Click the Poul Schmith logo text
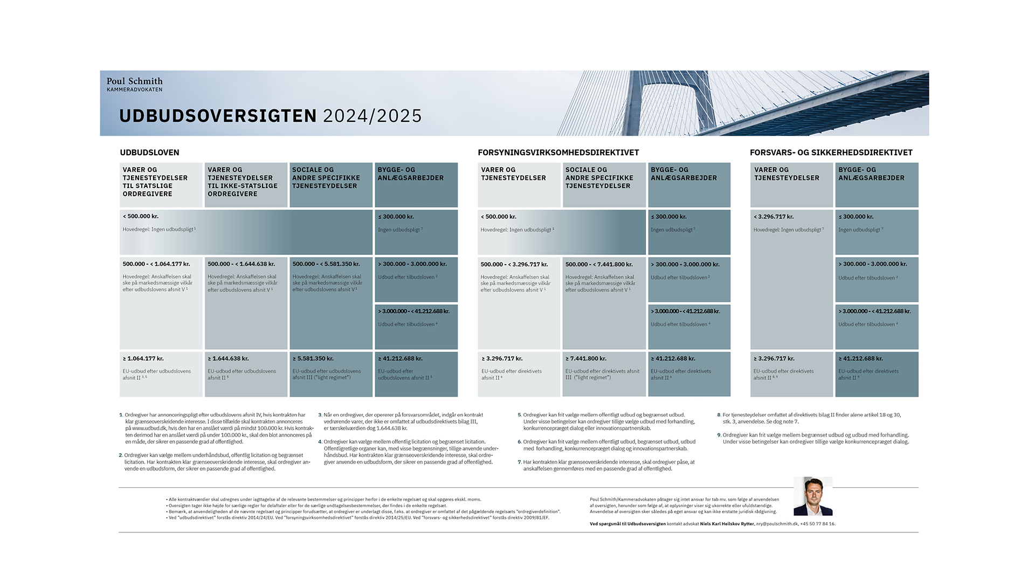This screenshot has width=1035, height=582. point(134,81)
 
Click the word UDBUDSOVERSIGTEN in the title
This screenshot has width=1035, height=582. point(218,116)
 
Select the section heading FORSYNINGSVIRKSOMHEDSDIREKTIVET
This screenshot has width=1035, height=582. point(558,153)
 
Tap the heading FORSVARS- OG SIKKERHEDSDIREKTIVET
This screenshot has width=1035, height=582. point(831,153)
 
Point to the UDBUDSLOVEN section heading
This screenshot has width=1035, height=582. point(149,153)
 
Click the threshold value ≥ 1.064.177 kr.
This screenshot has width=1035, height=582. point(143,358)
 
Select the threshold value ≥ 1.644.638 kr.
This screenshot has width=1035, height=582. point(228,358)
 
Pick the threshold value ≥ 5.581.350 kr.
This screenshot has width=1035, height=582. point(313,358)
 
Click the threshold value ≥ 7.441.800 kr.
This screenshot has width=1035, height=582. point(586,358)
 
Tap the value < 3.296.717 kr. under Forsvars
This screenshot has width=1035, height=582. point(774,217)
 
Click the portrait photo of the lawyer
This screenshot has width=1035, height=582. point(813,496)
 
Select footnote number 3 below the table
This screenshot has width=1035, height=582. point(320,415)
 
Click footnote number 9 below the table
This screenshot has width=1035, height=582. point(719,435)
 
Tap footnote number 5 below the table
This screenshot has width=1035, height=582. point(520,415)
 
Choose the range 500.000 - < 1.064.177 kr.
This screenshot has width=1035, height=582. point(156,264)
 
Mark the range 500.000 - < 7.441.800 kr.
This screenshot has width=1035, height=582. point(599,265)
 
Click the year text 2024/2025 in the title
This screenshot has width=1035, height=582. point(372,116)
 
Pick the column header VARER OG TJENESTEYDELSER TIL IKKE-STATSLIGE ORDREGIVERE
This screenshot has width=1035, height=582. point(243,182)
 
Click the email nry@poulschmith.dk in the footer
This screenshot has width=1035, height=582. point(777,524)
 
